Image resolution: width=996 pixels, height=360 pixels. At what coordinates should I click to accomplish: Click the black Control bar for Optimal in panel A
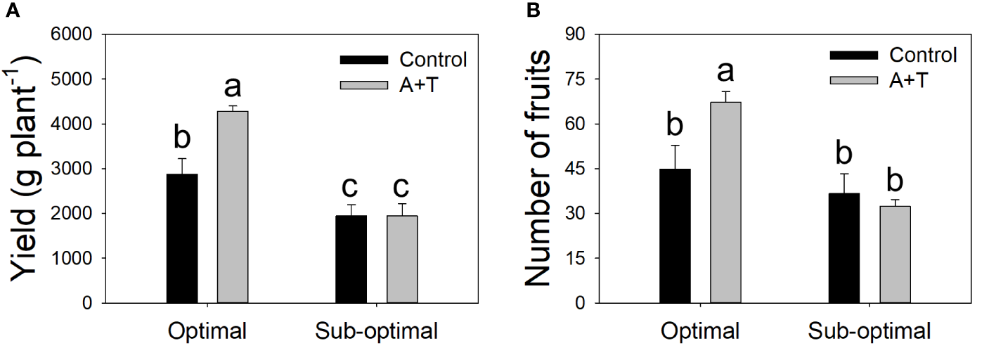(x=182, y=238)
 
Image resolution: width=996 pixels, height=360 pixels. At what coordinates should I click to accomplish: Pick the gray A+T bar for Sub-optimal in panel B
(x=895, y=255)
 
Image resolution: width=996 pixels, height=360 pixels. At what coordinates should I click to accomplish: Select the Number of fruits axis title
(x=538, y=169)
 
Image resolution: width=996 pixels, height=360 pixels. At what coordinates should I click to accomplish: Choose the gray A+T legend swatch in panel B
(x=855, y=79)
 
